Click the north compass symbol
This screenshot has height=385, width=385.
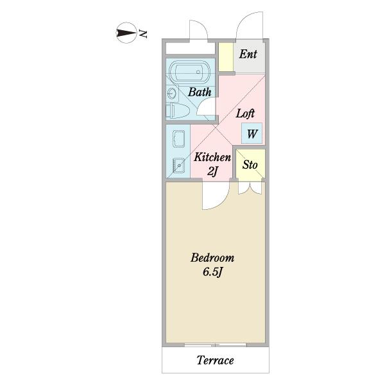tap(126, 33)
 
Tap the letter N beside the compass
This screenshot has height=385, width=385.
tap(143, 33)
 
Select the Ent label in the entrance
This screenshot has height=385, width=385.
tap(248, 55)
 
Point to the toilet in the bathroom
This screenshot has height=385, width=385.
tap(178, 111)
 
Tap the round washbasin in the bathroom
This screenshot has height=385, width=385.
tap(171, 93)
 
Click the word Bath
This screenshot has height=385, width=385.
tap(200, 92)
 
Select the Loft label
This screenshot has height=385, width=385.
tap(245, 114)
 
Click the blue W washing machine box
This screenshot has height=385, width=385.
tap(252, 133)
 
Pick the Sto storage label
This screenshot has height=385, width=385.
tap(250, 164)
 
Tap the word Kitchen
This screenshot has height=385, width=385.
tap(212, 157)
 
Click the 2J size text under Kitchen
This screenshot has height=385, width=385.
tap(212, 171)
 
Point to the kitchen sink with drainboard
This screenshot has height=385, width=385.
tap(178, 166)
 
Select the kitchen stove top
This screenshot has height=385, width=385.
tap(179, 139)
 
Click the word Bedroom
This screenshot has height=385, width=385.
tap(212, 258)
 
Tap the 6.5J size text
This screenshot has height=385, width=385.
tap(212, 272)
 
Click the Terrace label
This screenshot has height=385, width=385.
tap(215, 361)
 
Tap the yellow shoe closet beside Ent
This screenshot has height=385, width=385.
tap(226, 57)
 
